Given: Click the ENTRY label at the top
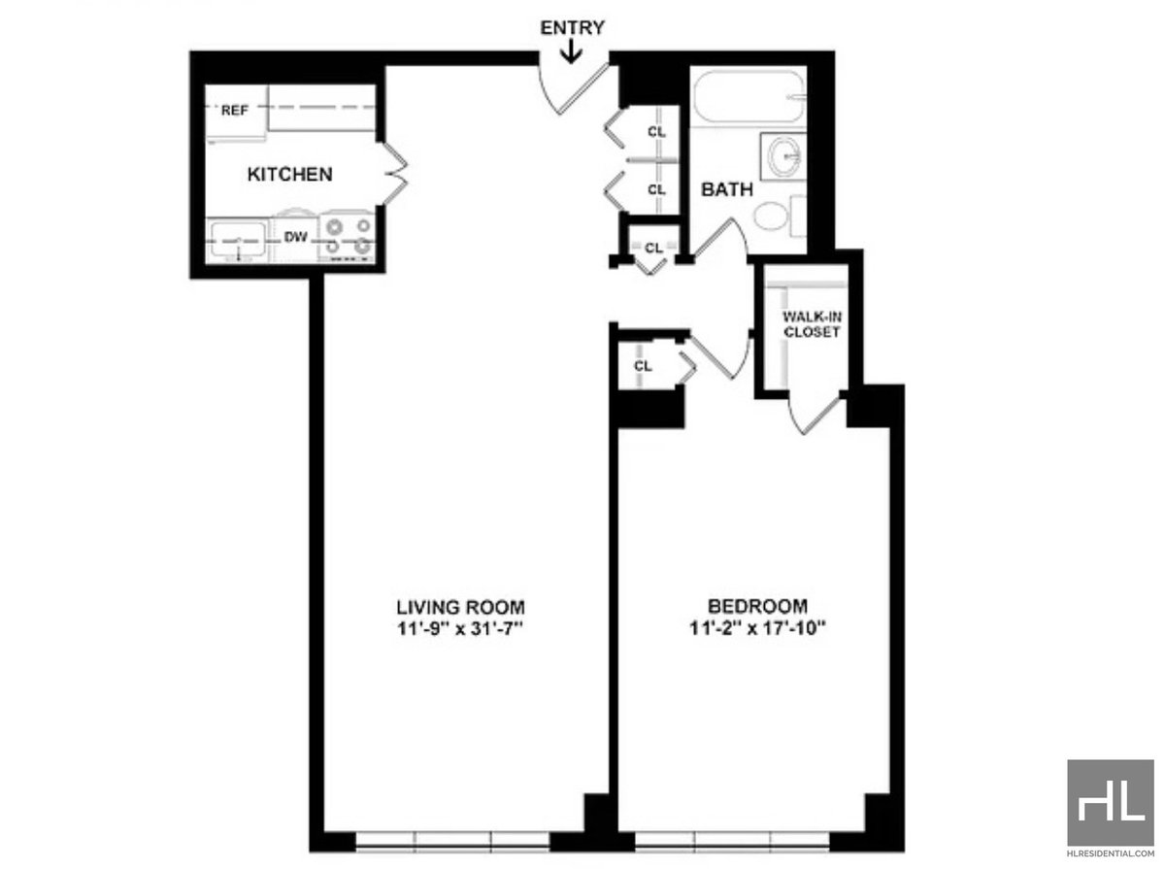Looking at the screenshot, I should (573, 27).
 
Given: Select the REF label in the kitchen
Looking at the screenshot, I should (235, 111).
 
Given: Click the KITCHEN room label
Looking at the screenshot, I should (290, 175).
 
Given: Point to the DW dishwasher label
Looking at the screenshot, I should (295, 236).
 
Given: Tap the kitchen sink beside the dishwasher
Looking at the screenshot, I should (236, 239).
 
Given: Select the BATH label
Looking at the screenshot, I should (727, 189).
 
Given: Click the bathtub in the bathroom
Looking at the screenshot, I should (748, 97).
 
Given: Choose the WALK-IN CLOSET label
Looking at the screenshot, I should (812, 323).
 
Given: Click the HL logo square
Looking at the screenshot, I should (1110, 802).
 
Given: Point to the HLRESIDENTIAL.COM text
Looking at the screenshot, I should (1110, 859).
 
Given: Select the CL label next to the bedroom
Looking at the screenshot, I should (643, 366).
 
